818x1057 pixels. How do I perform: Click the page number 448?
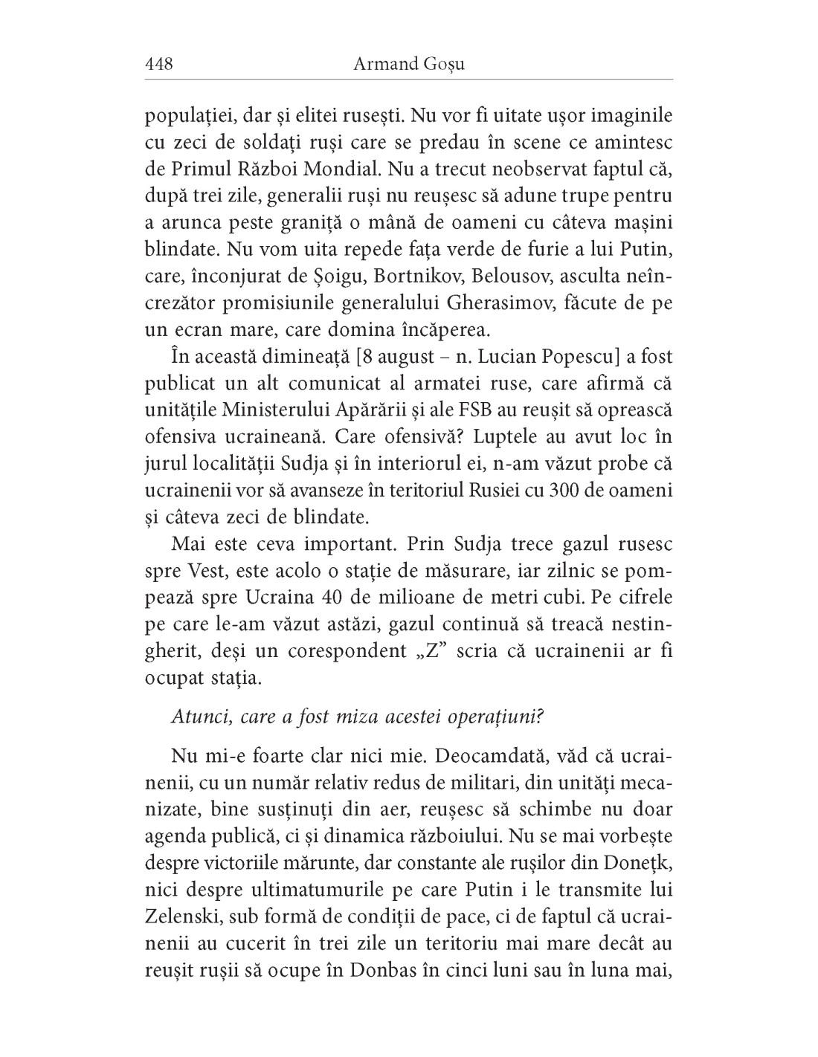point(158,64)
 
